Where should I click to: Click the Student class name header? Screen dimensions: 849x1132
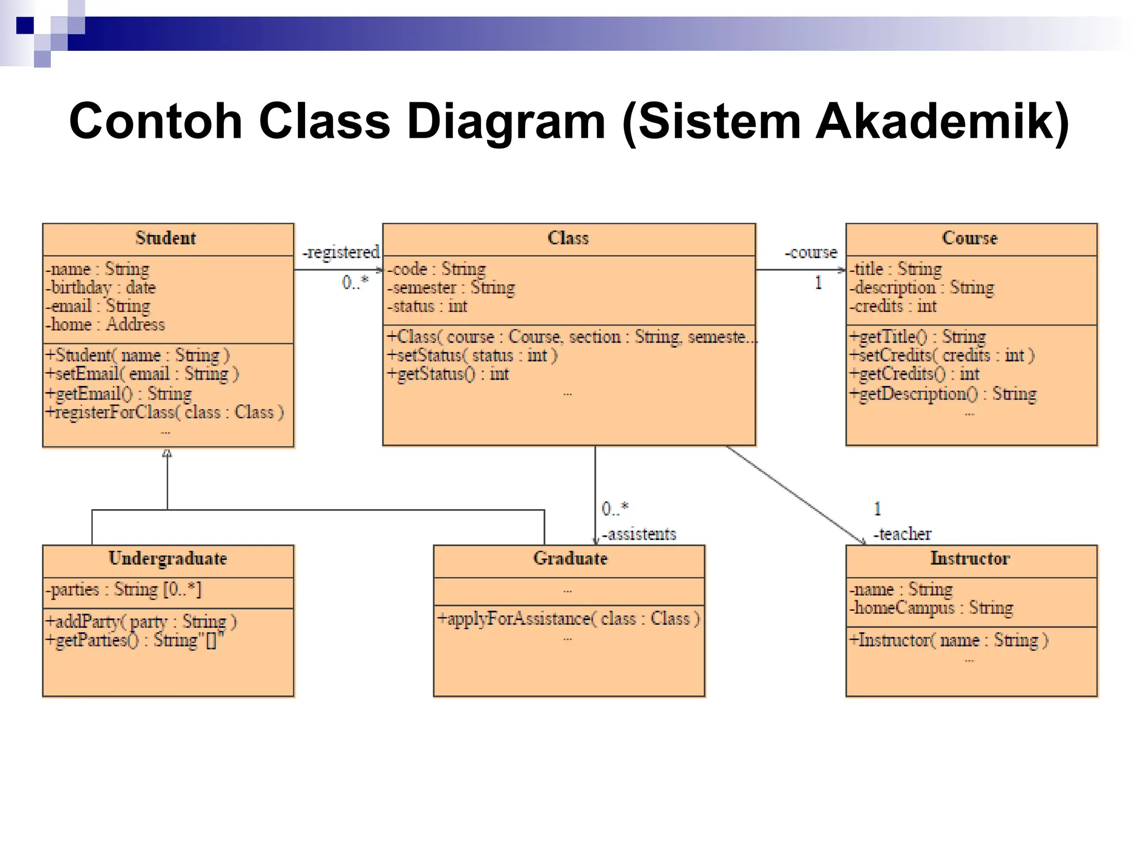[166, 238]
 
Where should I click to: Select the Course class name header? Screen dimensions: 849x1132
[970, 238]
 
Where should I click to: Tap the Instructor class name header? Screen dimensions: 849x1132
[970, 559]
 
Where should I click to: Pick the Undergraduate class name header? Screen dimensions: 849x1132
[167, 559]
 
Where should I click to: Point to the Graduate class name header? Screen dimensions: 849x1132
[570, 559]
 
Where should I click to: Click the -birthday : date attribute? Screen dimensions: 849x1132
[101, 287]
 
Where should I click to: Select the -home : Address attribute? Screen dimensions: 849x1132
[106, 324]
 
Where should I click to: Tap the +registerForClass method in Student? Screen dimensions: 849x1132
[165, 412]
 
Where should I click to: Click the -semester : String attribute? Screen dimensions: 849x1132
[452, 287]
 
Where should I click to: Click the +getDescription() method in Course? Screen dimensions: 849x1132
[943, 394]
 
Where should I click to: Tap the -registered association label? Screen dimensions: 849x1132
[341, 253]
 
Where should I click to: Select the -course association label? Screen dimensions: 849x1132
[811, 253]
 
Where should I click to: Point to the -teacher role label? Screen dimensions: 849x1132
[902, 534]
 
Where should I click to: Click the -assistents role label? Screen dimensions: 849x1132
[639, 534]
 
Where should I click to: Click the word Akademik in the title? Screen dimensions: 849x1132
[941, 121]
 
